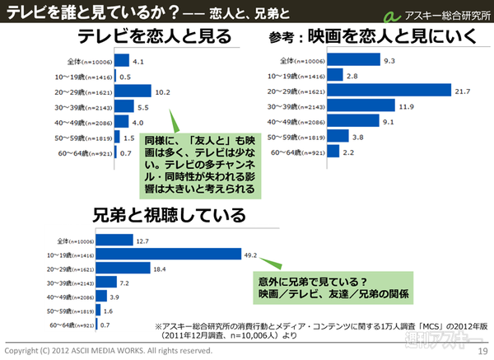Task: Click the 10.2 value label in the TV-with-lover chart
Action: pos(163,91)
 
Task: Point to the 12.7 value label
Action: pos(142,241)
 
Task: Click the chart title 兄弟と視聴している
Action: pos(169,216)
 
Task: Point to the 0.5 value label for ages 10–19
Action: pos(126,76)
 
